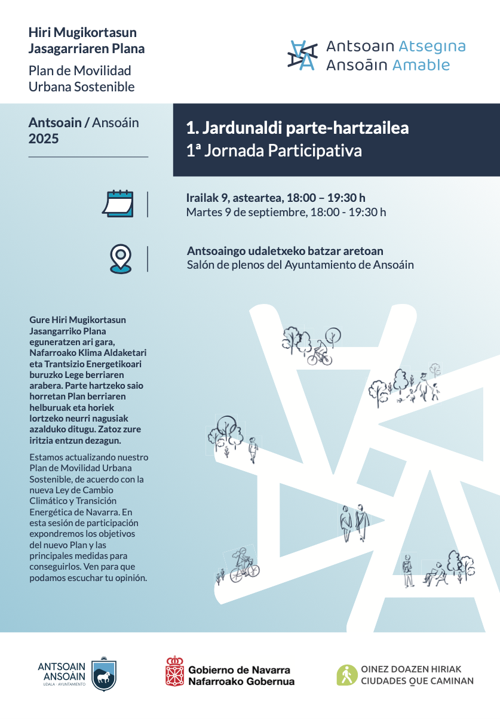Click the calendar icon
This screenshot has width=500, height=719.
[118, 204]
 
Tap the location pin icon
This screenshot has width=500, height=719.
[121, 259]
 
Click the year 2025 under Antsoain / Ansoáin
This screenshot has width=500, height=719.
[44, 139]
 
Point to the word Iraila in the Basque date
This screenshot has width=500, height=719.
[201, 198]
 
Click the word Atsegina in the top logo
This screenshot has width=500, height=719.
[432, 47]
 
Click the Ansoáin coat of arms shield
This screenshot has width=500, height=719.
[105, 675]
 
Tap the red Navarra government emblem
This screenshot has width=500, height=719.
[174, 671]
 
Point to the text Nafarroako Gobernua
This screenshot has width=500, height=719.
[241, 681]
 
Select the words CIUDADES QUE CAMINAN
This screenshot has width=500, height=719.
[417, 681]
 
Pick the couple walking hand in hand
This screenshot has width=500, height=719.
[354, 522]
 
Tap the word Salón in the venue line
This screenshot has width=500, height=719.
[200, 265]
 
